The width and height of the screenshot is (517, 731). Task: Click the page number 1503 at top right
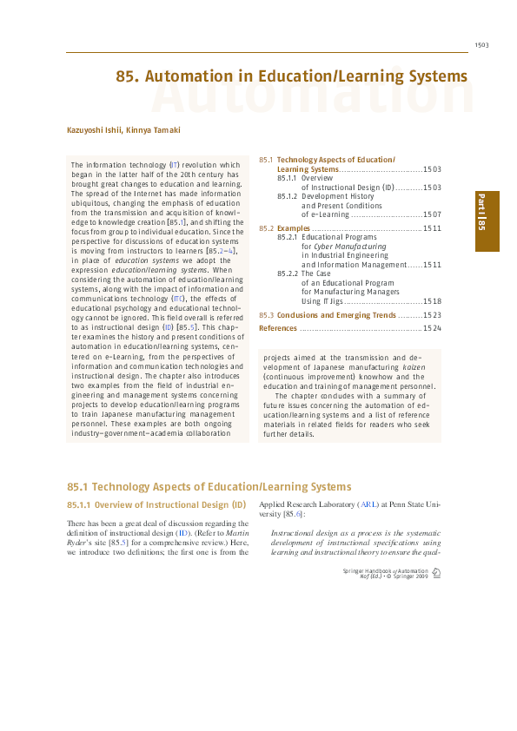coord(482,45)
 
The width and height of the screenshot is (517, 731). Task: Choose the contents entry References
coord(278,329)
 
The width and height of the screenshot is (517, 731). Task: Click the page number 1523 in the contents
coord(432,315)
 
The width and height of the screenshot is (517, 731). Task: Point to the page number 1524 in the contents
coord(432,329)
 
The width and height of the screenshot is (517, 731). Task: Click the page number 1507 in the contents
coord(432,214)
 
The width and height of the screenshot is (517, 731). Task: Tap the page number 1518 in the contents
coord(432,301)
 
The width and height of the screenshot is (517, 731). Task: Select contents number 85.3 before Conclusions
coord(267,315)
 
